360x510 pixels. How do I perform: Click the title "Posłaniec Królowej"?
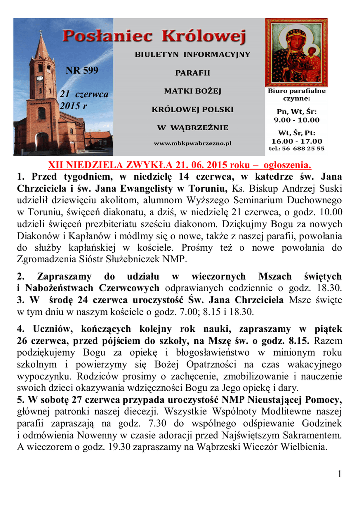[x=154, y=36]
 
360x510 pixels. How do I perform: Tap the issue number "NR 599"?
[x=82, y=70]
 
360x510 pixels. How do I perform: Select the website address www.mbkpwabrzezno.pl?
[x=192, y=143]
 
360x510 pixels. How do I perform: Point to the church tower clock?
[x=40, y=78]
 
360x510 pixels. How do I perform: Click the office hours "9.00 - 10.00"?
[x=296, y=120]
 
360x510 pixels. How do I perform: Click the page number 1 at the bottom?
[x=340, y=474]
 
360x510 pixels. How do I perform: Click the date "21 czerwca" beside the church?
[x=84, y=94]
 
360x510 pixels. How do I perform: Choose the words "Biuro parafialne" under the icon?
[x=296, y=91]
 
